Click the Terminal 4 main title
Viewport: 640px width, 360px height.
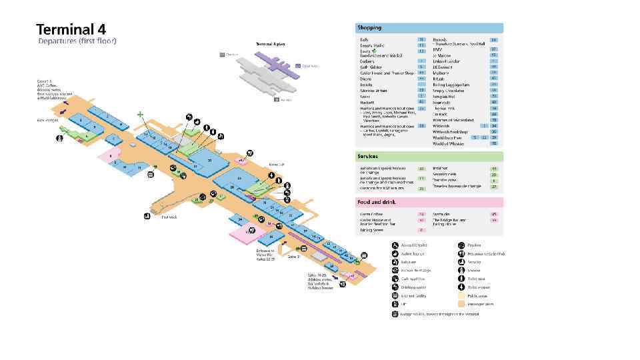[x=71, y=29]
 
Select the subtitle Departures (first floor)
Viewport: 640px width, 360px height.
[x=77, y=41]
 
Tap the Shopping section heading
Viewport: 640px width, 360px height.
[x=370, y=28]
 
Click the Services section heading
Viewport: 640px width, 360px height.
[x=369, y=157]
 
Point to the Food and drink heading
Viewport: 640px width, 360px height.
[x=377, y=202]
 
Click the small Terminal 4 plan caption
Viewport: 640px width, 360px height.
[x=271, y=44]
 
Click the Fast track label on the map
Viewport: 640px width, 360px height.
[x=169, y=217]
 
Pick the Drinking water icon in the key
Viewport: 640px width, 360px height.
[x=395, y=287]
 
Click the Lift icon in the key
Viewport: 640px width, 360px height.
[x=395, y=304]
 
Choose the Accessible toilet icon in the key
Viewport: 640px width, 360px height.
[x=395, y=245]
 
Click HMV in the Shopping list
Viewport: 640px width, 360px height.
[x=437, y=49]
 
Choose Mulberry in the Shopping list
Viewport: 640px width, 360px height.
[x=441, y=73]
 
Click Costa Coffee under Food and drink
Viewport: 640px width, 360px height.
[x=371, y=214]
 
